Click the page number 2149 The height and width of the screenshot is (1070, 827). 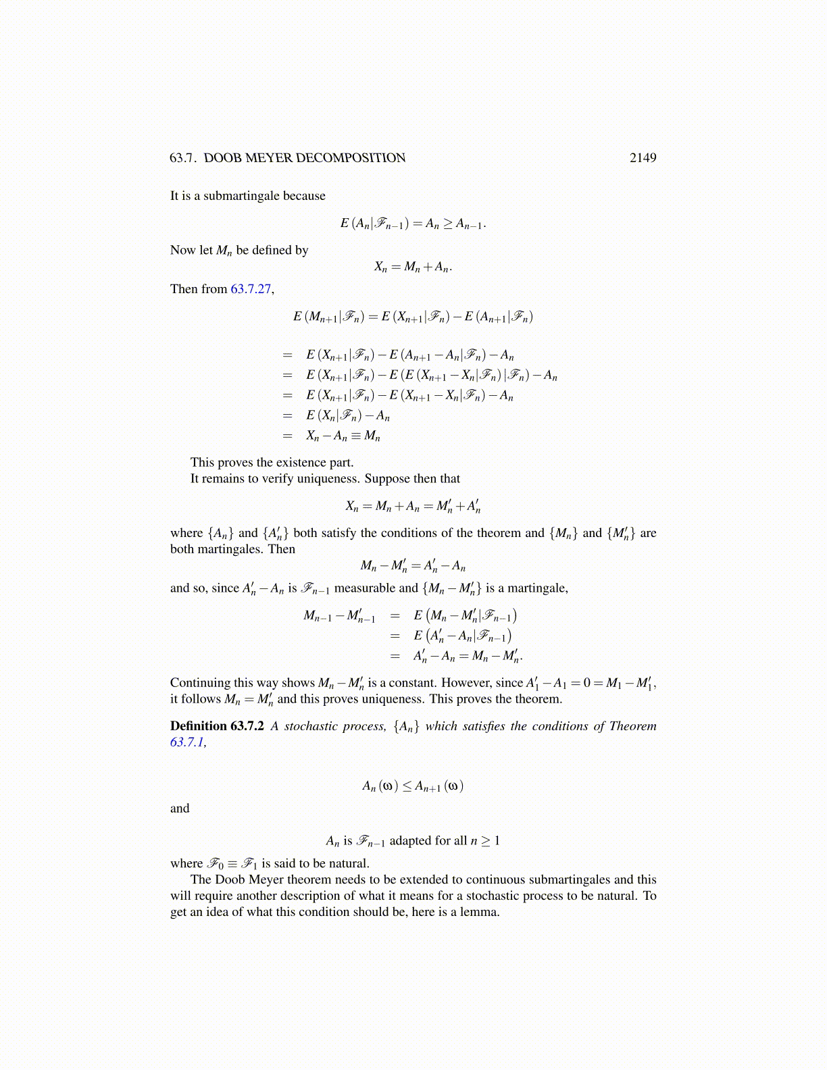click(x=643, y=158)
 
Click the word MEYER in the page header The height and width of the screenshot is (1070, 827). click(x=268, y=158)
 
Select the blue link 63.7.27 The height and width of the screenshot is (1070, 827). click(x=251, y=289)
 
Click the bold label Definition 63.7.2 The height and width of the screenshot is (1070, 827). click(x=217, y=726)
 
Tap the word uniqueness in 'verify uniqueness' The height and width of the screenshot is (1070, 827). click(x=327, y=479)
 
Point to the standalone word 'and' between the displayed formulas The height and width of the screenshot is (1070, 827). click(x=180, y=809)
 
